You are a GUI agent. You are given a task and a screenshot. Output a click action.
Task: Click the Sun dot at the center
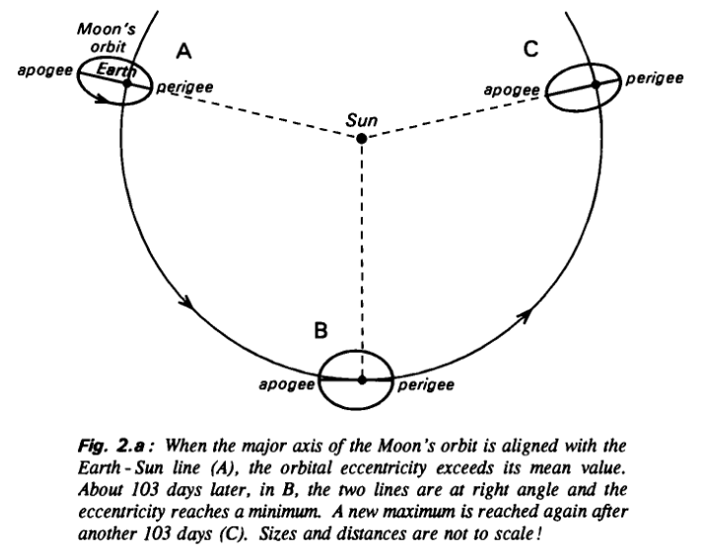361,138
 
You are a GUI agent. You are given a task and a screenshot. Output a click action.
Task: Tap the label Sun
361,120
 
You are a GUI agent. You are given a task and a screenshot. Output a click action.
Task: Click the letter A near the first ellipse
183,51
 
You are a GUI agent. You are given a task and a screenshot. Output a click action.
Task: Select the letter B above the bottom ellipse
320,330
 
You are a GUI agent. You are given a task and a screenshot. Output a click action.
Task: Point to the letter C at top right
531,49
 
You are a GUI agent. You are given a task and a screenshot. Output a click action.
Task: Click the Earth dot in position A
127,83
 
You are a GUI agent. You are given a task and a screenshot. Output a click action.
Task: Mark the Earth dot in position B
361,380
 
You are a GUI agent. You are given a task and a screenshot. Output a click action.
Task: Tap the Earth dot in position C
596,85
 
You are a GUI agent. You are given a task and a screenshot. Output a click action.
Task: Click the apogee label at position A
45,71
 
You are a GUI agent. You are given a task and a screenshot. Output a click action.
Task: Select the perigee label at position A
184,87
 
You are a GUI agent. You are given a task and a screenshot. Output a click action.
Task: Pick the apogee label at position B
287,384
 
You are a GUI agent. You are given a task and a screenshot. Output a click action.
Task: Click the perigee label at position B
426,385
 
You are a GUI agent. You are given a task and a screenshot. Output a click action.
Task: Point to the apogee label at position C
512,90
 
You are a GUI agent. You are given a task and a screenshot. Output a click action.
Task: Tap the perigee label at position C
655,79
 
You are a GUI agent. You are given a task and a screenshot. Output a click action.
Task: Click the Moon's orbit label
107,37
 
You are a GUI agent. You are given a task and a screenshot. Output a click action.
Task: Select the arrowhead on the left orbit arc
188,303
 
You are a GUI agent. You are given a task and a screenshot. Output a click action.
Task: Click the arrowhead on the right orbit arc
524,315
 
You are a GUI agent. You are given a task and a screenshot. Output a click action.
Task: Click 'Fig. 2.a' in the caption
111,447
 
